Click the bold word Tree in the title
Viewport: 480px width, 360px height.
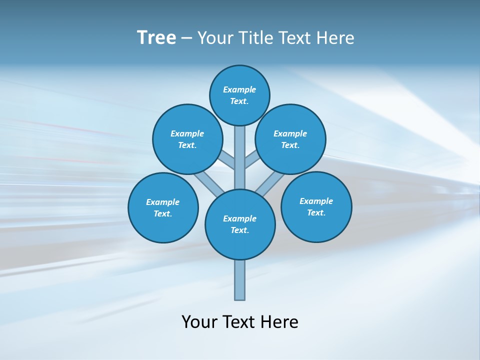(156, 38)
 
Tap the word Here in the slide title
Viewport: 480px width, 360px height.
(334, 38)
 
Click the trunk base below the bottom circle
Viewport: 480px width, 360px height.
(240, 280)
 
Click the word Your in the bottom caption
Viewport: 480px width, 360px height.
(199, 322)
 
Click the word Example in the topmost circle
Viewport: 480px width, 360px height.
(239, 90)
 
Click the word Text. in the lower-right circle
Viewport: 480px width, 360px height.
(316, 212)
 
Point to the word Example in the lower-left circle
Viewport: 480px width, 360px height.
(163, 202)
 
